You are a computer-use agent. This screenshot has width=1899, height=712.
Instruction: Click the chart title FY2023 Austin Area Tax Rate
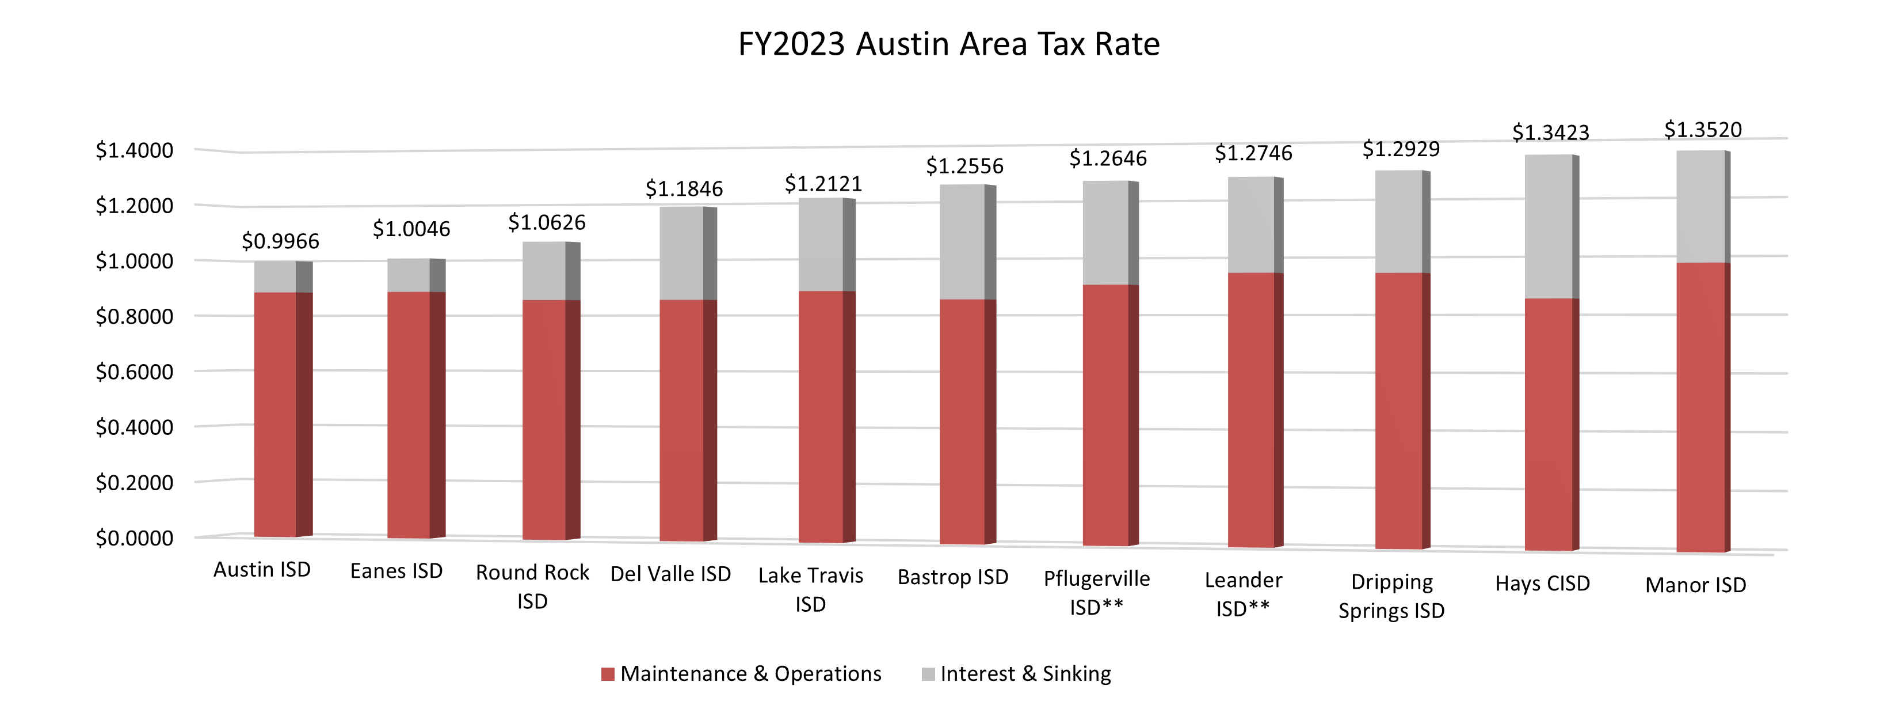pos(949,44)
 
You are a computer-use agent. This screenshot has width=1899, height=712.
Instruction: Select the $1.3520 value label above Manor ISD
pos(1703,130)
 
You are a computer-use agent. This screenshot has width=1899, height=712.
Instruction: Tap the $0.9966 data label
pos(280,241)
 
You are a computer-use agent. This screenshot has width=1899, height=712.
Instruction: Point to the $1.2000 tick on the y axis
pos(134,206)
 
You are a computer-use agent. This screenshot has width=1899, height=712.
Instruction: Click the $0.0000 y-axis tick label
pos(134,538)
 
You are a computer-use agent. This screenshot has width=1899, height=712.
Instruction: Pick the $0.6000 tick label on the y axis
pos(134,372)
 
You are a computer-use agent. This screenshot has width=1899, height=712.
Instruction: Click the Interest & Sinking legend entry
pos(1017,673)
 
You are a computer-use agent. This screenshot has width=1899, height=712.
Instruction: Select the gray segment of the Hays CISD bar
pos(1548,226)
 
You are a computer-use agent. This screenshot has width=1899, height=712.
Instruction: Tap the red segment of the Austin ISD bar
pos(275,413)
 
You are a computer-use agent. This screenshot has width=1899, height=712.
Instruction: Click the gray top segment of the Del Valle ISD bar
pos(681,252)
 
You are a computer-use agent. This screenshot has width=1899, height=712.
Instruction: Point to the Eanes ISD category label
pos(396,571)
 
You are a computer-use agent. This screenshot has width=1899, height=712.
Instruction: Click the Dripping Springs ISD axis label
pos(1391,596)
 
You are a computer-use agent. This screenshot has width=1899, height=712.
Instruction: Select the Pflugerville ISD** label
pos(1096,593)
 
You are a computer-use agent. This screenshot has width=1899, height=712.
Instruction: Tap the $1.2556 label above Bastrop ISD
pos(964,166)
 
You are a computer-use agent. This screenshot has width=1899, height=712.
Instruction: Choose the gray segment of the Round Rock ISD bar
pos(544,270)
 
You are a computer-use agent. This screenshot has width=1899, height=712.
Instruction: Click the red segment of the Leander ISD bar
pos(1251,410)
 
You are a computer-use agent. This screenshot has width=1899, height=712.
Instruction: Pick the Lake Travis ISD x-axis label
pos(810,589)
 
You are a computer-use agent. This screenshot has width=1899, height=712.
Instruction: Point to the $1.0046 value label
pos(411,229)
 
